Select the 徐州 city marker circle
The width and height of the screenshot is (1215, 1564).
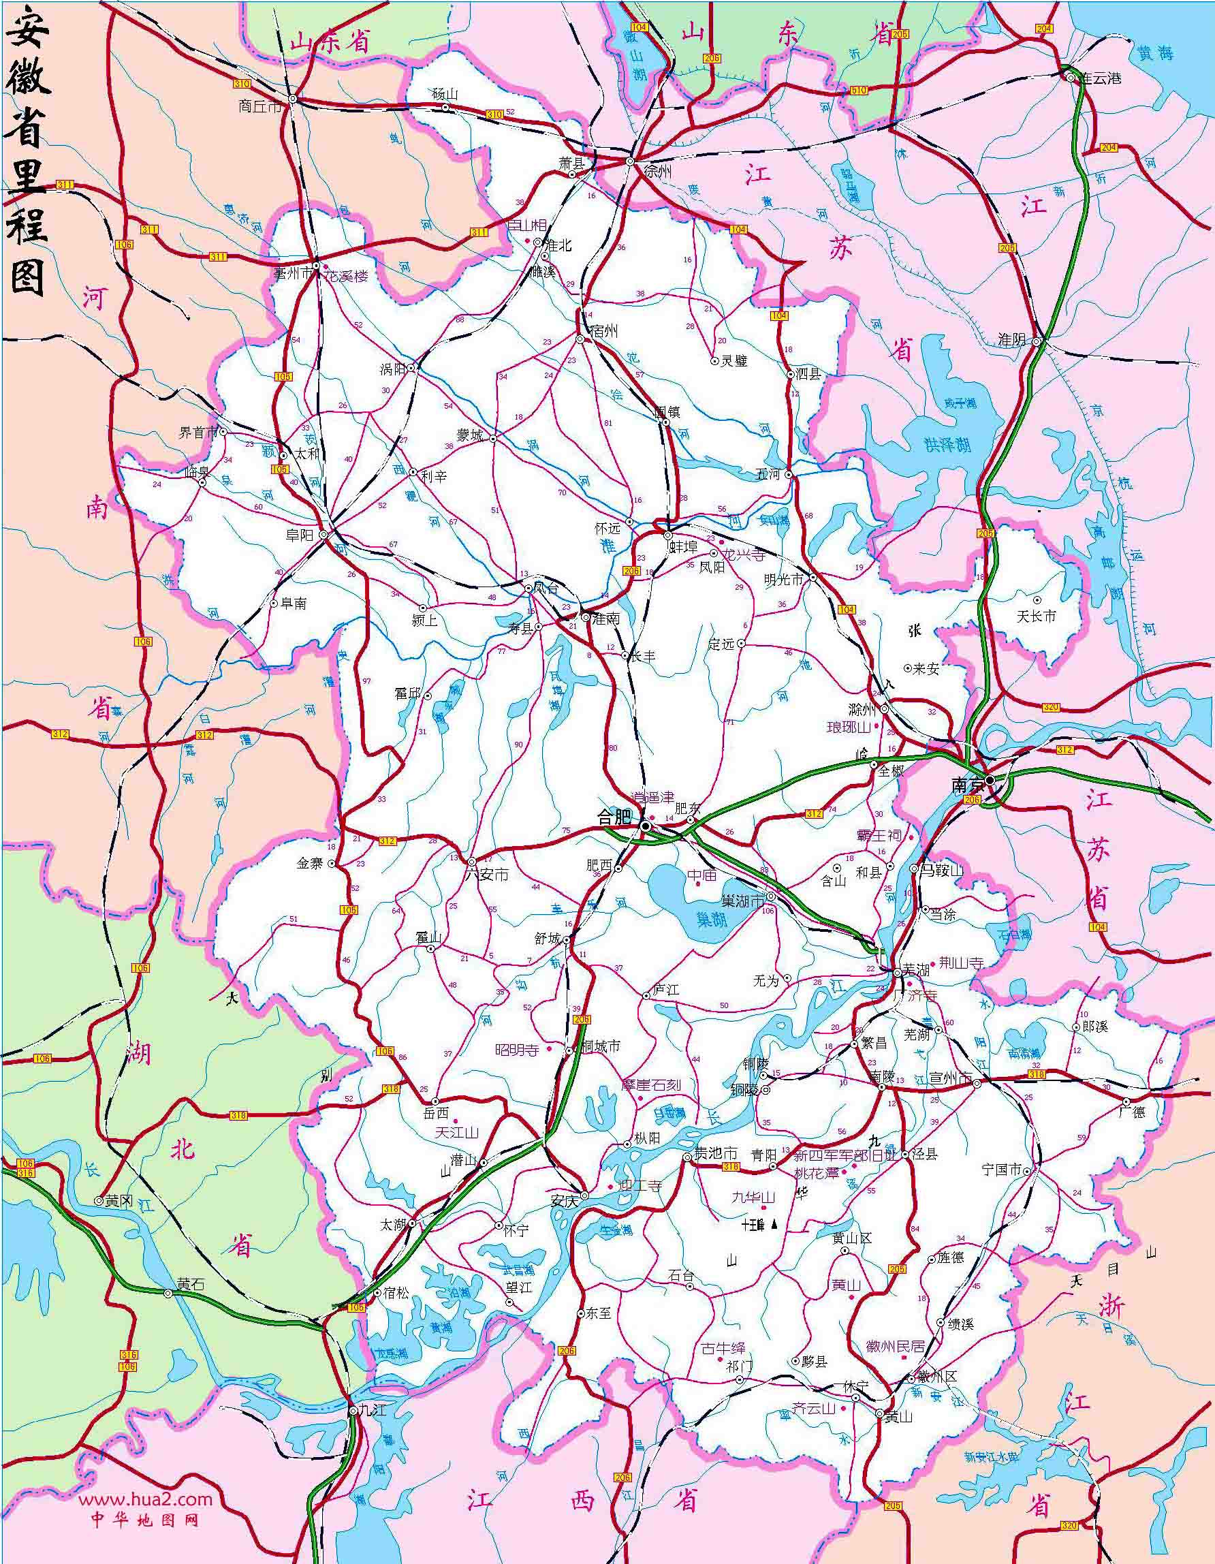[630, 162]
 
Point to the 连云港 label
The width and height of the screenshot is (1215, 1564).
[1101, 78]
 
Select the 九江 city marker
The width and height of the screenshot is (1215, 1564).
[352, 1411]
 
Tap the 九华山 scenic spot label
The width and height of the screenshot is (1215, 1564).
[753, 1197]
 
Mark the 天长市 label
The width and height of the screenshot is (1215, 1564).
[1037, 616]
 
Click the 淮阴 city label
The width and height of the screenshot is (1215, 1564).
[1012, 341]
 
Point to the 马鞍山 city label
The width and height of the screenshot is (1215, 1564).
[941, 870]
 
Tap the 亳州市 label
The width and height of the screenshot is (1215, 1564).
[294, 274]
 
